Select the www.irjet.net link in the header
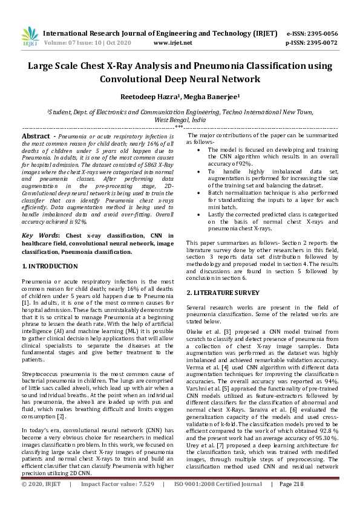click(x=173, y=43)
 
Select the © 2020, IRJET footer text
click(x=42, y=501)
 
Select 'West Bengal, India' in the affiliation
click(x=180, y=120)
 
